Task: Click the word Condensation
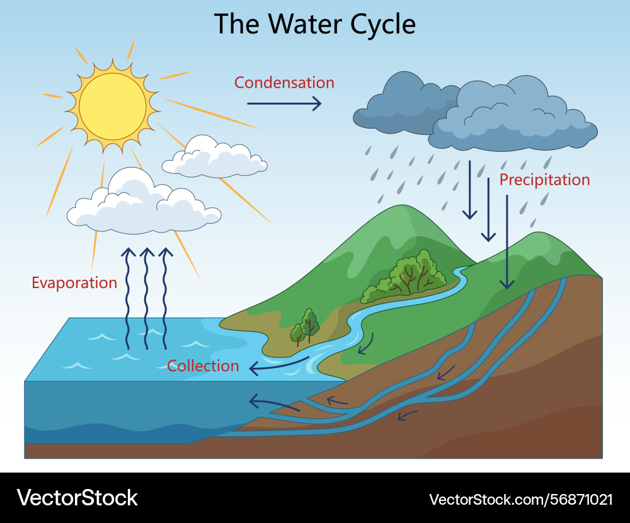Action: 284,83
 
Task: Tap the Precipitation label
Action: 544,180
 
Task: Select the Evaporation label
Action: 74,283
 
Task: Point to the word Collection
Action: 203,366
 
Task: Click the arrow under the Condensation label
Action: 284,103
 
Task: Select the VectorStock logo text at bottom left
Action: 77,498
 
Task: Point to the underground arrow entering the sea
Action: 273,402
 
